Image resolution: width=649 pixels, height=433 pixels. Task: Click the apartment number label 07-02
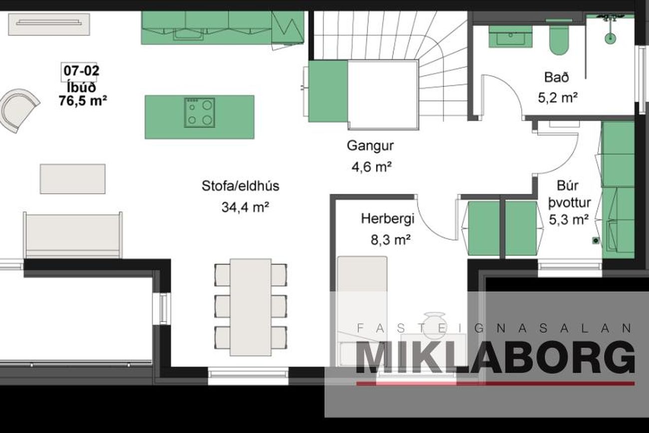81,71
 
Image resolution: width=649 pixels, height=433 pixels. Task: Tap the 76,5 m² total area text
83,101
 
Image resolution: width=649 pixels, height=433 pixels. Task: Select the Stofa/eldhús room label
241,186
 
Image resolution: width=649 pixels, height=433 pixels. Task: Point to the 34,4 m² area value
246,207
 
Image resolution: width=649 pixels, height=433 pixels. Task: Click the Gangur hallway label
370,146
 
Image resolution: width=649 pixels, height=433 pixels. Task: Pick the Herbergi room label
388,219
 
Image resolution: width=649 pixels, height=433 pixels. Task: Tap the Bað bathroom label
557,77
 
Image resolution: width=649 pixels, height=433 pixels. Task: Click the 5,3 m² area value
569,220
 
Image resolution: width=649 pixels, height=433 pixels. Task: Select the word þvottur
570,203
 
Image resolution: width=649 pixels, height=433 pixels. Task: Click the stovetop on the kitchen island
200,113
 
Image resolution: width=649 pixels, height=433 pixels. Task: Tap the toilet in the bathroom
559,37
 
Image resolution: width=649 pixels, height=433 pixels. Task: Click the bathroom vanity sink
511,37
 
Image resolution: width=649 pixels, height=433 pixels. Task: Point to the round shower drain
610,37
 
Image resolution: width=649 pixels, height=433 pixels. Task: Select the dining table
251,307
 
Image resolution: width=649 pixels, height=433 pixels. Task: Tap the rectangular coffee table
73,179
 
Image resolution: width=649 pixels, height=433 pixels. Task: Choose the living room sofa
73,235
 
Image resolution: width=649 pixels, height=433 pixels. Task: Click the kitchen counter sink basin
188,34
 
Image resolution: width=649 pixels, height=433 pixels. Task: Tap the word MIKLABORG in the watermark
495,358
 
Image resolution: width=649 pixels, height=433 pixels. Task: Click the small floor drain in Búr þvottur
596,240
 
